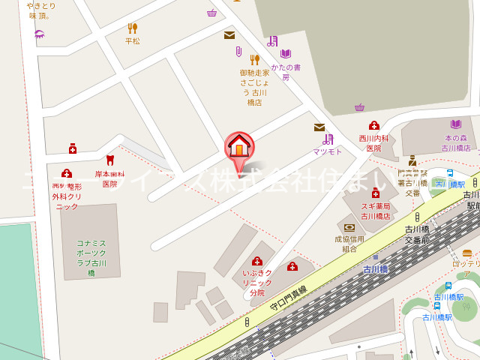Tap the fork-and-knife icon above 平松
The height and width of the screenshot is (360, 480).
tap(133, 28)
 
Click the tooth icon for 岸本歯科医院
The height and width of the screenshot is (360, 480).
tap(110, 160)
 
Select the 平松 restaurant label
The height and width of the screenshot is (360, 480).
tap(133, 41)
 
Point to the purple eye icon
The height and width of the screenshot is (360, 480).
tap(39, 34)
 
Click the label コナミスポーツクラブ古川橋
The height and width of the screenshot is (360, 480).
tap(91, 257)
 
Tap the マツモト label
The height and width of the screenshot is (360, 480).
tap(328, 151)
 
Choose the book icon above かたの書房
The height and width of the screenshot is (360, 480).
tap(286, 54)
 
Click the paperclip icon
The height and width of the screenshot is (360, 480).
tap(239, 51)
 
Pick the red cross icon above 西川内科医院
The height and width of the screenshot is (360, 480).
tap(373, 125)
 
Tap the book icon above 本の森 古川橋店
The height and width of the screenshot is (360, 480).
tap(456, 124)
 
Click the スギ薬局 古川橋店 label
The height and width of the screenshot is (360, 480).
tap(374, 211)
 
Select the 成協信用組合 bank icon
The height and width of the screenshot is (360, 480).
tap(349, 227)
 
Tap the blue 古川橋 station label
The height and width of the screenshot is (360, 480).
tap(375, 268)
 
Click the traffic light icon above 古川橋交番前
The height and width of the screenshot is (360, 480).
tap(417, 217)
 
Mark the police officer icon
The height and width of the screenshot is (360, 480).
tap(412, 160)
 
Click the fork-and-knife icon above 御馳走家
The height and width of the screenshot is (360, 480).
tap(254, 59)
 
